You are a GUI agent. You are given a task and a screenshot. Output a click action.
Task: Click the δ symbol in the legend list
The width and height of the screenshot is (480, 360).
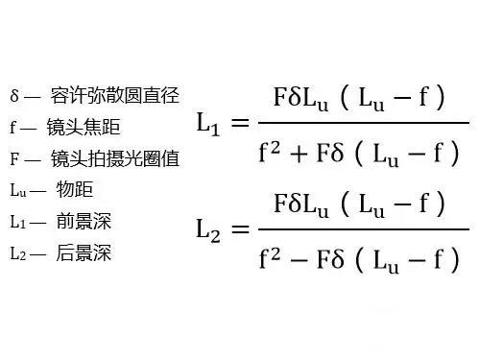pyautogui.click(x=14, y=96)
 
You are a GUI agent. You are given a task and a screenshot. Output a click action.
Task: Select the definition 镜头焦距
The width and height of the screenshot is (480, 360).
pyautogui.click(x=85, y=126)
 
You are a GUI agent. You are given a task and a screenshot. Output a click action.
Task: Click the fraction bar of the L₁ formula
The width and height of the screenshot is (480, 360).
pyautogui.click(x=363, y=124)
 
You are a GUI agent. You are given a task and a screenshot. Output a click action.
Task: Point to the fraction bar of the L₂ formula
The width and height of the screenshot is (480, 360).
pyautogui.click(x=363, y=229)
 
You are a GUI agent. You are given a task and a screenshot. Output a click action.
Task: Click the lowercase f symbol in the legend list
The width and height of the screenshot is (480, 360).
pyautogui.click(x=13, y=127)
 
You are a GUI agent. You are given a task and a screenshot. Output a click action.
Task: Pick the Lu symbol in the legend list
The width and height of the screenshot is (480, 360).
pyautogui.click(x=16, y=190)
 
